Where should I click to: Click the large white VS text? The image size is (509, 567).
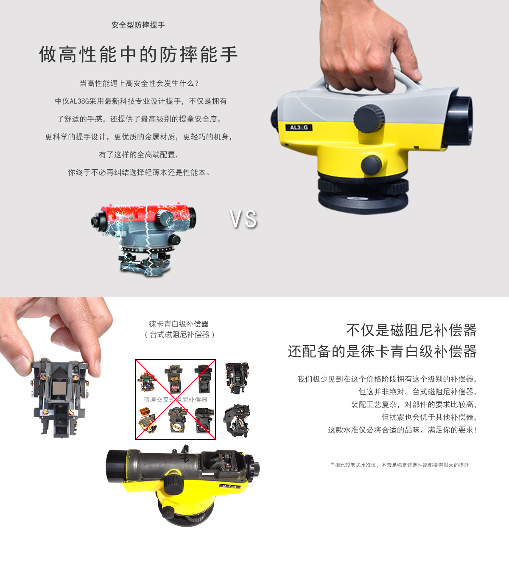coord(243,219)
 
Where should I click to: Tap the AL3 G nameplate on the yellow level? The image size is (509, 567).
coord(299,128)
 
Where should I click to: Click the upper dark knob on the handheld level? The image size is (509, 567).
coord(369,118)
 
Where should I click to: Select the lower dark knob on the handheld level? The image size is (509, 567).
coord(371,165)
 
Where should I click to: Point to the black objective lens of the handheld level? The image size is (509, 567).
coord(459,121)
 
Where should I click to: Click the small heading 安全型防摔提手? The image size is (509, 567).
coord(138,25)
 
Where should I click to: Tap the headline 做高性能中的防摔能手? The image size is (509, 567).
coord(138,54)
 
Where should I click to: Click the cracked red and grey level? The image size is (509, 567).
coord(143,239)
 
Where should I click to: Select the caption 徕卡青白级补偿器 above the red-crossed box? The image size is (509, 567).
coord(179,324)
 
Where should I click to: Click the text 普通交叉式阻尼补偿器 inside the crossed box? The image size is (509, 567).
coord(175,400)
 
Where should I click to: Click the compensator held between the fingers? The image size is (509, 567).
coord(59,397)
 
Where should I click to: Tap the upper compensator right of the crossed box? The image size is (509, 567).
coord(237,378)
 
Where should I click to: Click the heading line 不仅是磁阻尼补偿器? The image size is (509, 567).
coord(411,330)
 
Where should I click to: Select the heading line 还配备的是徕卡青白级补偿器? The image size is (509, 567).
coord(382,351)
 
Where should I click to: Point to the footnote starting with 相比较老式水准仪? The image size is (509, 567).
coord(400,465)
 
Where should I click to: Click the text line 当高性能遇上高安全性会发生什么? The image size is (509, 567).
coord(139,84)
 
